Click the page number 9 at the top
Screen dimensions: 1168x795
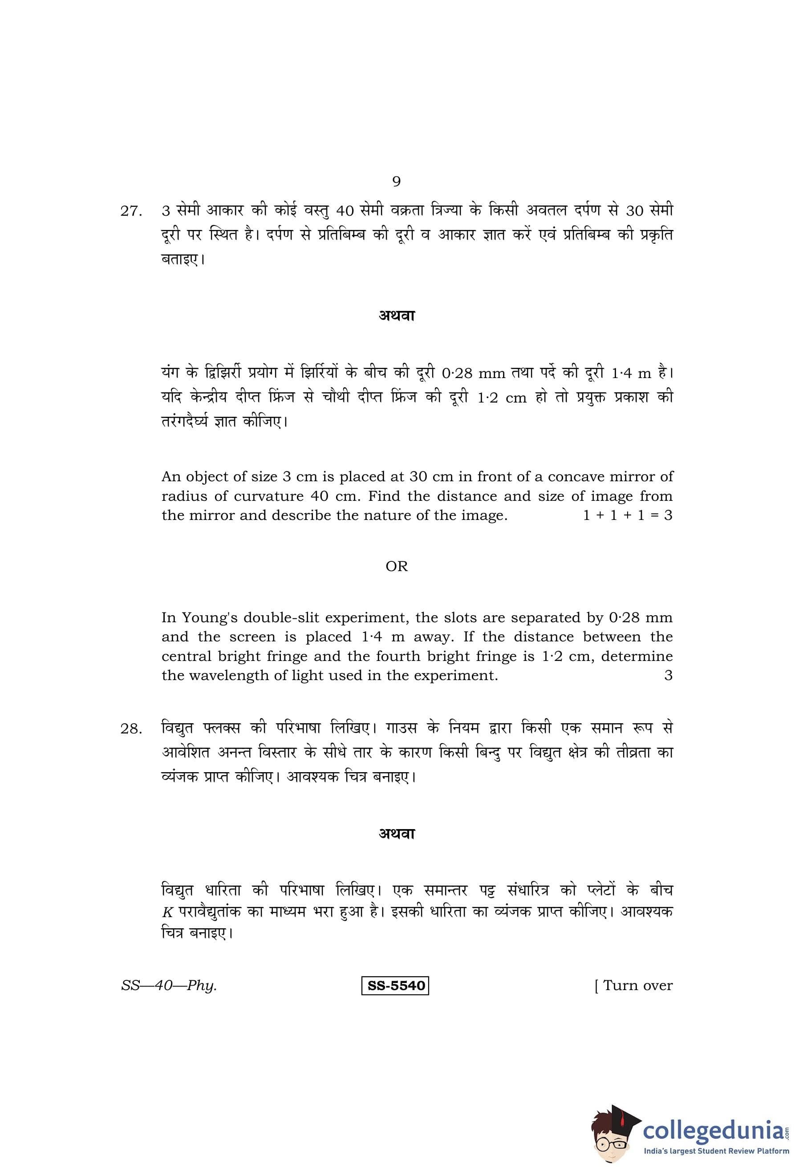point(396,181)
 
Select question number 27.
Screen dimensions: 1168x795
point(131,212)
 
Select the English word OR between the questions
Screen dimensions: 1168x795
point(396,566)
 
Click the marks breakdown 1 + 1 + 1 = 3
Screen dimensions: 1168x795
point(627,516)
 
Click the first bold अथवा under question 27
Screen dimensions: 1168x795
point(396,316)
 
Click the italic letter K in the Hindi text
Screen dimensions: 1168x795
point(167,912)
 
